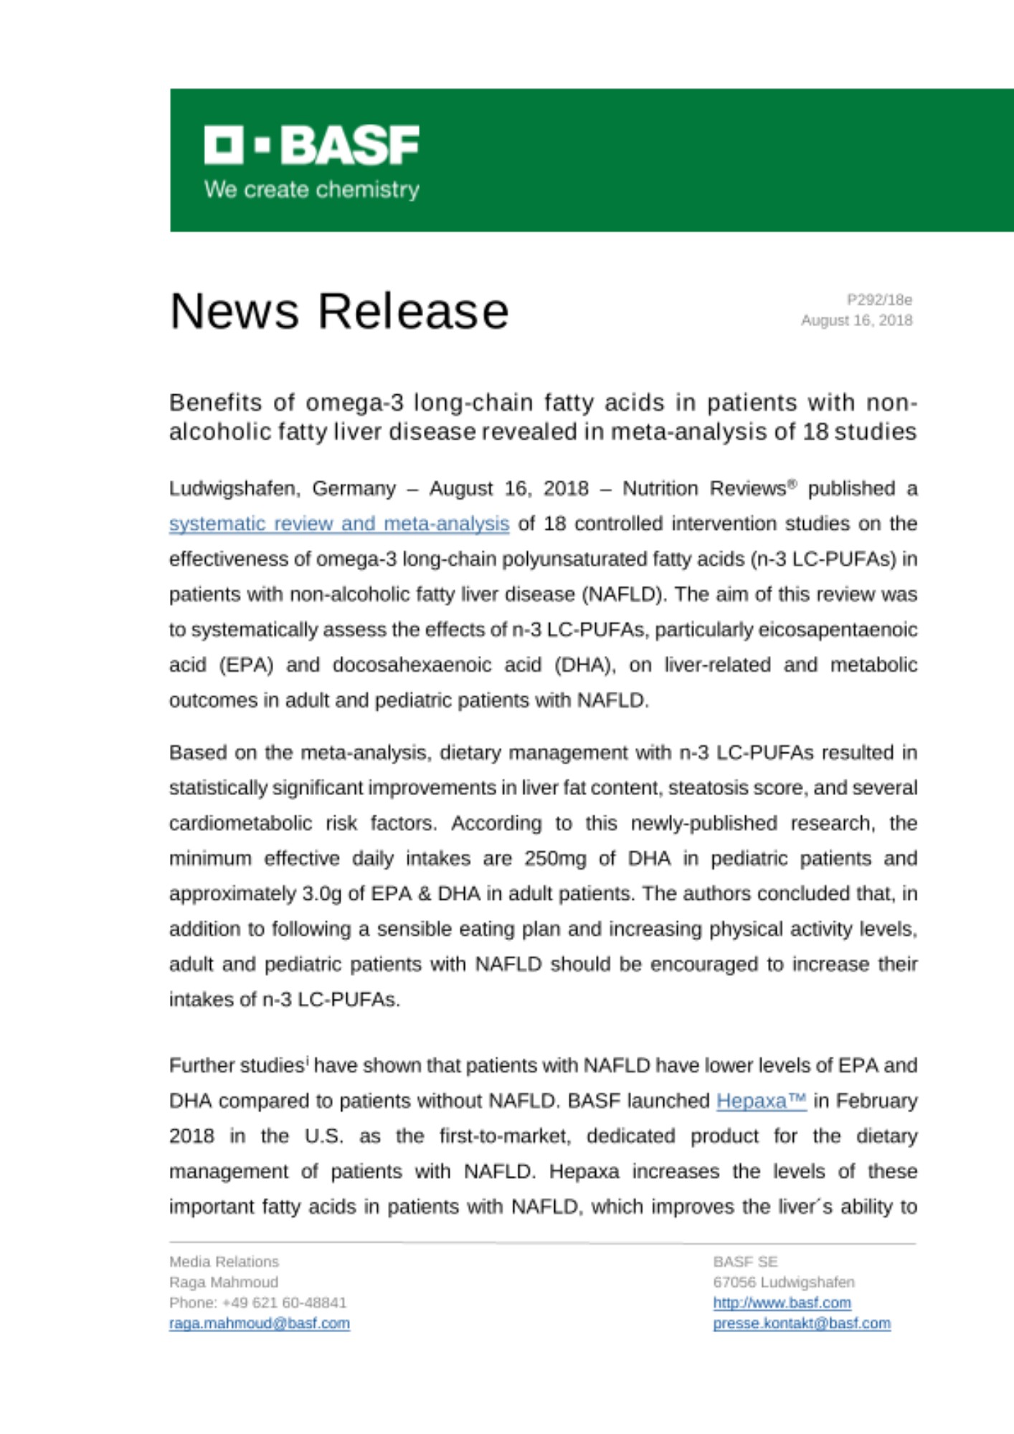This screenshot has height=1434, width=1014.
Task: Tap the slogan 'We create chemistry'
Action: pyautogui.click(x=311, y=190)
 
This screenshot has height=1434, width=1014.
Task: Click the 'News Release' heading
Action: pyautogui.click(x=338, y=311)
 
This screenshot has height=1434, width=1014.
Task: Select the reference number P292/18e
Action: pyautogui.click(x=879, y=300)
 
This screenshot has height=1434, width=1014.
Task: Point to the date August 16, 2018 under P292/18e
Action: pyautogui.click(x=856, y=320)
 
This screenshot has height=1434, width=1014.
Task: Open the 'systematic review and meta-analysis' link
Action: pyautogui.click(x=338, y=524)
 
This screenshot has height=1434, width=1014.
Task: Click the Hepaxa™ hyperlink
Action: pyautogui.click(x=761, y=1101)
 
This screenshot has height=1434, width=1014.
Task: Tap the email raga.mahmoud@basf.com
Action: pyautogui.click(x=259, y=1324)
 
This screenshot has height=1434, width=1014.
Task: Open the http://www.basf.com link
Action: pyautogui.click(x=782, y=1303)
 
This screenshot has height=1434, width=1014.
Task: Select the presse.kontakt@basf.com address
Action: pyautogui.click(x=801, y=1324)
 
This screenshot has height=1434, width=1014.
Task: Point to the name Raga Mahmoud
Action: pyautogui.click(x=223, y=1282)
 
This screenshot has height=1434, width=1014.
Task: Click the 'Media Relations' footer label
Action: pyautogui.click(x=224, y=1262)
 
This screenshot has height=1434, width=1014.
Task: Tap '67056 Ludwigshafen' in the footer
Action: pyautogui.click(x=783, y=1282)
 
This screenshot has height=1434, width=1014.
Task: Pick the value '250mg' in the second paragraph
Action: pyautogui.click(x=554, y=858)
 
